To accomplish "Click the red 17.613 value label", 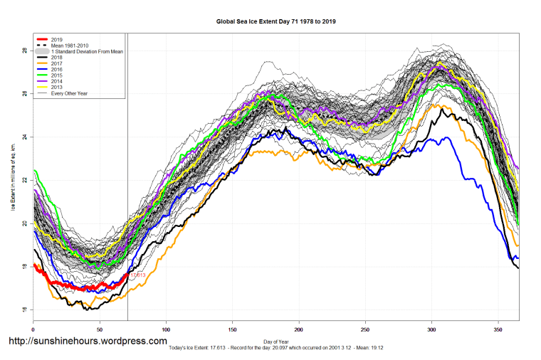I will point(137,275).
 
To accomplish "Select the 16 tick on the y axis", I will point(24,309).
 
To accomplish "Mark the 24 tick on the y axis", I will point(24,137).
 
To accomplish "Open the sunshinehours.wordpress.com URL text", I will point(88,342).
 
